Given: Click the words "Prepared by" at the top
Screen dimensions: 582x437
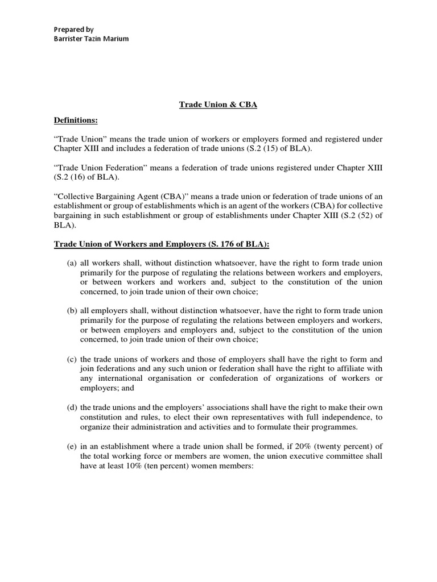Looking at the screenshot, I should tap(73, 29).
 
